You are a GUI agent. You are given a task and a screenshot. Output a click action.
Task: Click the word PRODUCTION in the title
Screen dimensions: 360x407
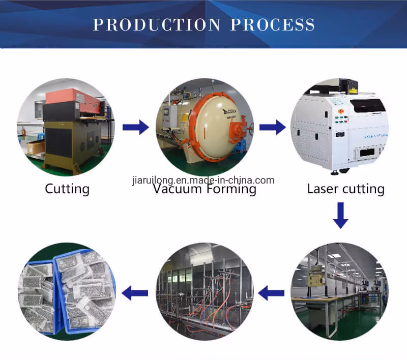[x=157, y=24]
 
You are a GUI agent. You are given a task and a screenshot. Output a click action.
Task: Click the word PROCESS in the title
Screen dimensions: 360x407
[x=272, y=24]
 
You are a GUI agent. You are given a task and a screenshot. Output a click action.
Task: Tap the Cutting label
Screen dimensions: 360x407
[x=67, y=189]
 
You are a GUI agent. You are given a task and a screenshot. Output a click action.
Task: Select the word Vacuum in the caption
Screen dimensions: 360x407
[x=178, y=190]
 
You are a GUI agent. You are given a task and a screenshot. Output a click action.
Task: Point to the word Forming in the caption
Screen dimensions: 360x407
[x=231, y=190]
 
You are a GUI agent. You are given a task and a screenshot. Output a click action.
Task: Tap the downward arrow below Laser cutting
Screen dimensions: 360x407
[x=341, y=216]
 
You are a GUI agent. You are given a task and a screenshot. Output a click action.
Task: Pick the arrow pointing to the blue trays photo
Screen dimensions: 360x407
[x=135, y=292]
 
